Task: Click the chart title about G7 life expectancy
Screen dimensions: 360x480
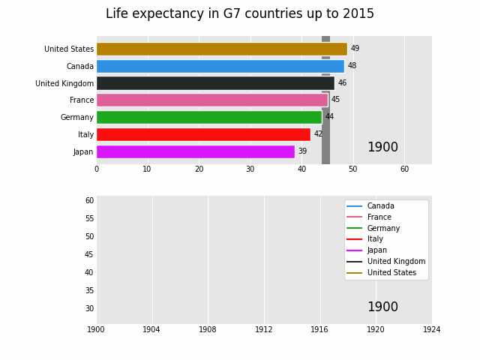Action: tap(239, 14)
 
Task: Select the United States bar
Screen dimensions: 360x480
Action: tap(221, 49)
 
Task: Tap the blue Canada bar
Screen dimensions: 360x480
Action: tap(220, 66)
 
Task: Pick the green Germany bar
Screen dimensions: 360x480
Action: tap(208, 117)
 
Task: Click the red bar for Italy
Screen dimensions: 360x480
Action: tap(203, 134)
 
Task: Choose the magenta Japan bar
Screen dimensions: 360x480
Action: tap(195, 151)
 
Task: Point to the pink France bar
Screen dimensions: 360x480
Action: tap(211, 100)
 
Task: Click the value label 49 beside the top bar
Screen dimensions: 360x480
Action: tap(355, 49)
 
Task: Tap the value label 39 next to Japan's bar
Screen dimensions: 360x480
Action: tap(302, 151)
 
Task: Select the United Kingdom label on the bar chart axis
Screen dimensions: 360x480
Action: tap(64, 83)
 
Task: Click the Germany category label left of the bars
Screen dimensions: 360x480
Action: tap(77, 117)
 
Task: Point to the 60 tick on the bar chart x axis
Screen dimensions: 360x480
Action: tap(404, 169)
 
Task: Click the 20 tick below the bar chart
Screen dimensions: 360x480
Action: tap(199, 169)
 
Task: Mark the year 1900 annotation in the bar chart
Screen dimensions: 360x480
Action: tap(382, 148)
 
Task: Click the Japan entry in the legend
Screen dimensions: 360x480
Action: tap(376, 250)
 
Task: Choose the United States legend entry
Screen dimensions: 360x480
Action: tap(391, 272)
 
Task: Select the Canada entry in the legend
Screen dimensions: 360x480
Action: tap(380, 206)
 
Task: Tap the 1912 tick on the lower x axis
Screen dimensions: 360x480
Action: tap(264, 329)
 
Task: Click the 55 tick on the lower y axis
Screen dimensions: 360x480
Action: tap(89, 218)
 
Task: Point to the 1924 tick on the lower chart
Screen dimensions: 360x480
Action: tap(431, 329)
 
